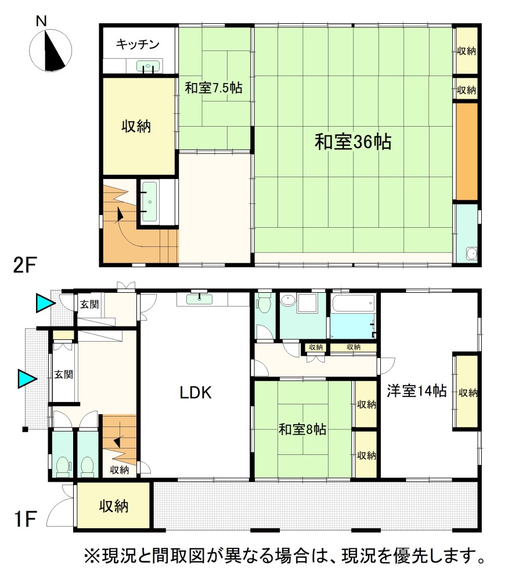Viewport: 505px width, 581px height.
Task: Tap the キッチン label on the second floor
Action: (x=138, y=45)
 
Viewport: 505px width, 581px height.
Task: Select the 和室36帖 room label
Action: (x=353, y=142)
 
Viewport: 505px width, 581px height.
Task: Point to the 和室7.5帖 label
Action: (x=214, y=88)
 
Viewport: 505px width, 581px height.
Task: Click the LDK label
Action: (x=196, y=393)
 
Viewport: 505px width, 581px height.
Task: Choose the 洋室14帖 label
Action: (x=417, y=391)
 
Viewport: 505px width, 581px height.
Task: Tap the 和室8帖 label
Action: (x=302, y=429)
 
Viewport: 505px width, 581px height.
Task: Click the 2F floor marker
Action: (x=24, y=266)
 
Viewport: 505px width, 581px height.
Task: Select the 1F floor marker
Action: (x=25, y=519)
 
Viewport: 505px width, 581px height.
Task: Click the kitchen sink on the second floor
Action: (x=149, y=66)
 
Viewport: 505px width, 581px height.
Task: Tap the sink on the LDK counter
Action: (x=200, y=299)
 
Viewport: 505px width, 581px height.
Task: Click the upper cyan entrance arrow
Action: (x=45, y=303)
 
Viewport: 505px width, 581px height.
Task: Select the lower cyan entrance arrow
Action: (x=28, y=379)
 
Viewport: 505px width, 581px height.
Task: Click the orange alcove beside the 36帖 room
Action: (x=467, y=152)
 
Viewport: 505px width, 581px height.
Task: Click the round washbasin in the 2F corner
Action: (x=471, y=254)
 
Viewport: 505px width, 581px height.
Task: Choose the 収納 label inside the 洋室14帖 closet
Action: (x=468, y=393)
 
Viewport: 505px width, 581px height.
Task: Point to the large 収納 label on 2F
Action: (x=136, y=126)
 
